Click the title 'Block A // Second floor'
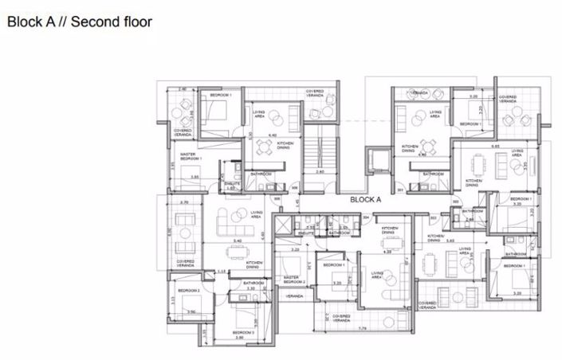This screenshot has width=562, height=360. [x=80, y=22]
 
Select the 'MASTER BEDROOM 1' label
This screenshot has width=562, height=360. [x=191, y=156]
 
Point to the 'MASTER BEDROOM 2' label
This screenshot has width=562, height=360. [x=294, y=280]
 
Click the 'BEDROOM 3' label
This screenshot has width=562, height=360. [x=243, y=331]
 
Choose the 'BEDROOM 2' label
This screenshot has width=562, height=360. [x=189, y=291]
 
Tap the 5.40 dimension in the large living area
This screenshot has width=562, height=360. [x=237, y=241]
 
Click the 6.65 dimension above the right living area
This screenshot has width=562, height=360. [x=495, y=146]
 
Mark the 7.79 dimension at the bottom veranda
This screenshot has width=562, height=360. [x=362, y=328]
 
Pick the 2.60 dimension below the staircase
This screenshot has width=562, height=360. [x=320, y=171]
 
